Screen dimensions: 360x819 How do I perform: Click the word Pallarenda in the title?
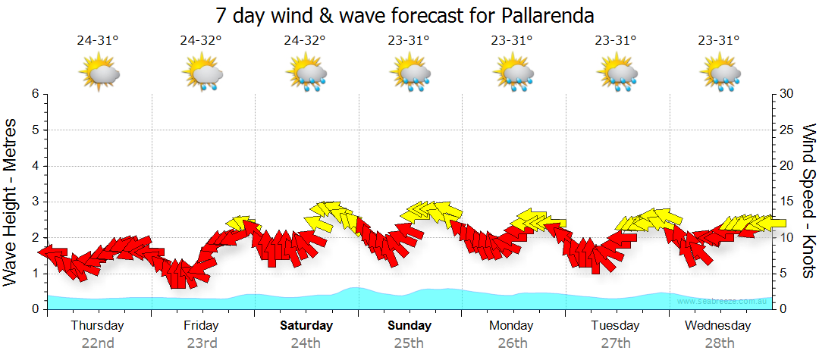[548, 15]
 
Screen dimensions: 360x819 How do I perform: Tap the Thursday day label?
[97, 326]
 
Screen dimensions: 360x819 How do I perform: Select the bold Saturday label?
[306, 326]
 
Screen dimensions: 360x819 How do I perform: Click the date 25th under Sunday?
[409, 343]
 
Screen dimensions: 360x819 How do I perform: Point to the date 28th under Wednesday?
[718, 343]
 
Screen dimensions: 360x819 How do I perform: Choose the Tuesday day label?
[615, 326]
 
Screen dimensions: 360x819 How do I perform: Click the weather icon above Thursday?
[99, 74]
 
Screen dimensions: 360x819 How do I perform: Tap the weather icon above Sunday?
[410, 74]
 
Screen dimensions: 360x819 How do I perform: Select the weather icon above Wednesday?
[720, 74]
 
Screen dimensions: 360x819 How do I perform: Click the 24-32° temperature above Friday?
[201, 41]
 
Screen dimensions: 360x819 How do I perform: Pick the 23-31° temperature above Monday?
[512, 41]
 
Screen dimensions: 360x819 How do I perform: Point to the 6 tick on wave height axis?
[35, 94]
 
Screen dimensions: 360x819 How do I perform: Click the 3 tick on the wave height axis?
[35, 202]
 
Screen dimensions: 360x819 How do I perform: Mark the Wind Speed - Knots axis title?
[808, 202]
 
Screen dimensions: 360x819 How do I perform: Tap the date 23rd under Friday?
[202, 343]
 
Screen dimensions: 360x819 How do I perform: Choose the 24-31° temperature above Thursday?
[98, 41]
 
